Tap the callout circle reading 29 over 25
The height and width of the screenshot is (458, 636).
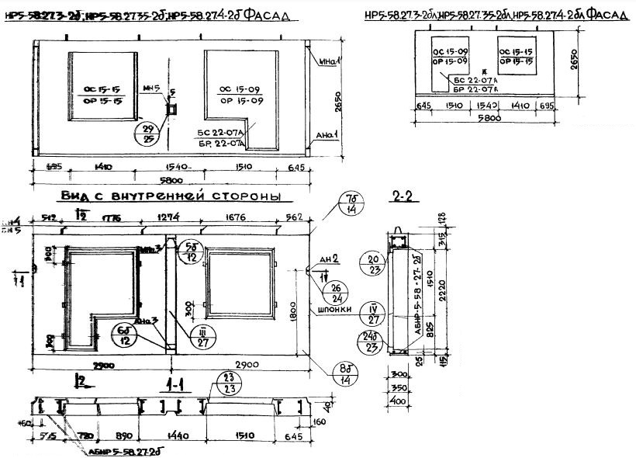(x=147, y=134)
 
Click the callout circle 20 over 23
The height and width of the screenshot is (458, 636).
(x=375, y=265)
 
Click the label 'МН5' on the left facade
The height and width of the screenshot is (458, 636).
(x=155, y=88)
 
